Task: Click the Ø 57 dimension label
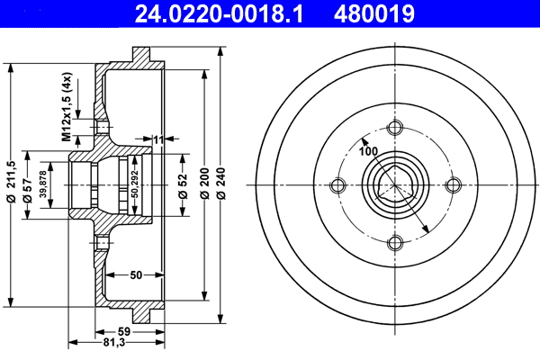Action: click(x=28, y=185)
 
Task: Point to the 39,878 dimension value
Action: click(x=42, y=185)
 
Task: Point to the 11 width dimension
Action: click(x=157, y=139)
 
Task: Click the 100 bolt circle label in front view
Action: click(x=368, y=150)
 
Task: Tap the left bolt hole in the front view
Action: click(x=338, y=186)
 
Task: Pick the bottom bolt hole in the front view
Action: click(x=394, y=242)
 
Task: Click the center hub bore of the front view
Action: click(x=394, y=186)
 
